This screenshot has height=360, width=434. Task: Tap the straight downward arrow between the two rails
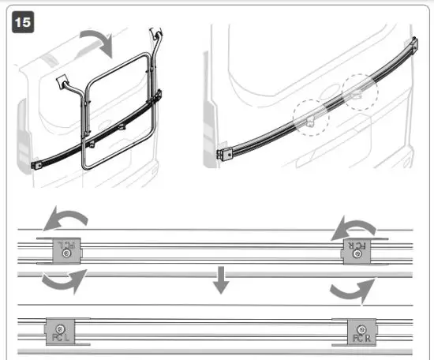click(222, 279)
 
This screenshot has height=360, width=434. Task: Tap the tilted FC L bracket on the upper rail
click(65, 251)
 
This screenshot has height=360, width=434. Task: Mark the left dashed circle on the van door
click(309, 118)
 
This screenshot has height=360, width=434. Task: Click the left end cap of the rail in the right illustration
click(223, 156)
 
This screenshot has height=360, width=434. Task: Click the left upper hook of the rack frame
click(61, 81)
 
